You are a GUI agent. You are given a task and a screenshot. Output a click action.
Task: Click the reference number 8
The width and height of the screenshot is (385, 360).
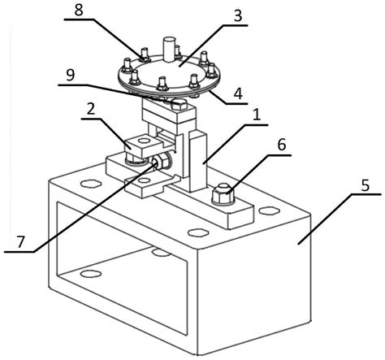click(x=79, y=11)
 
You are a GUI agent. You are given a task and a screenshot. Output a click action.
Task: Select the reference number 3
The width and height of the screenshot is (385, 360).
click(x=237, y=16)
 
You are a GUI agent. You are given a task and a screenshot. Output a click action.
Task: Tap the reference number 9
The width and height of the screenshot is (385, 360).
click(x=71, y=76)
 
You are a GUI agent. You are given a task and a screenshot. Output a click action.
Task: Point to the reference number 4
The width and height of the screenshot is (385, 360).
click(x=238, y=94)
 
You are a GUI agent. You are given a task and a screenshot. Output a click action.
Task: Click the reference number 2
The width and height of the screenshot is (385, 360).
click(x=90, y=109)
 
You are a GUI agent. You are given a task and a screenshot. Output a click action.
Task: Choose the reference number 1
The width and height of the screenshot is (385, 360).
click(x=256, y=115)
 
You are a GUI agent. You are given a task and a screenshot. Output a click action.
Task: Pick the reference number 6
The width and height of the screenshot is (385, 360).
click(x=282, y=145)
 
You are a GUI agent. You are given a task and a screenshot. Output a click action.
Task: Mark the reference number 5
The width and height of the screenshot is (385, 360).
click(x=366, y=186)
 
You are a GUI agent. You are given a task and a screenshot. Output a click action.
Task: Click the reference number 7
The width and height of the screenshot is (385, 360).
click(x=20, y=242)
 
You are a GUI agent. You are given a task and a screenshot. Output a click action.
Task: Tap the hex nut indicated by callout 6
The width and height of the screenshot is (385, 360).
click(x=223, y=194)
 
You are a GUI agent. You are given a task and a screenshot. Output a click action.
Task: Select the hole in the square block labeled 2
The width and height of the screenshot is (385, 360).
click(x=144, y=141)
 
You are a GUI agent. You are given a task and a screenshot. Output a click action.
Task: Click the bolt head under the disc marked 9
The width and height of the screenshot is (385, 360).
click(x=179, y=105)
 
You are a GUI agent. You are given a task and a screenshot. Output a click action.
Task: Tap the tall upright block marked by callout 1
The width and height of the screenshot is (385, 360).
click(x=198, y=161)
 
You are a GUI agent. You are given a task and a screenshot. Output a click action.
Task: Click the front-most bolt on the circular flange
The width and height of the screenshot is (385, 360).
click(x=162, y=85)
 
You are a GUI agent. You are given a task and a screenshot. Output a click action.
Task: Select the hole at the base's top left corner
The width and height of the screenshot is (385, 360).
click(x=91, y=184)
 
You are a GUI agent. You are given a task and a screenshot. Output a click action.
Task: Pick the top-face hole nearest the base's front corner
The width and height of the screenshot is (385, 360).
click(x=198, y=232)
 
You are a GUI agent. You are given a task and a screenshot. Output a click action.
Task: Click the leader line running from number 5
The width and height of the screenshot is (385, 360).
click(x=340, y=219)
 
